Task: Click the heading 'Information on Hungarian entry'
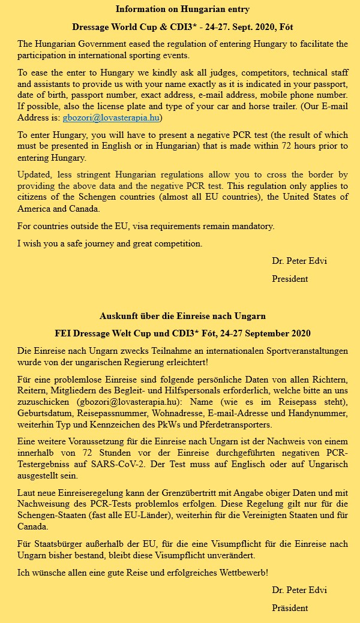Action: click(x=182, y=9)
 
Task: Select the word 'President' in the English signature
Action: click(x=290, y=278)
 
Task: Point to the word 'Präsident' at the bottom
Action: click(x=290, y=607)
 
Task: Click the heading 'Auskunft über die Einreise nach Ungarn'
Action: click(x=182, y=315)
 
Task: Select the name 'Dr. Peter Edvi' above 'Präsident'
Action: click(x=299, y=590)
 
